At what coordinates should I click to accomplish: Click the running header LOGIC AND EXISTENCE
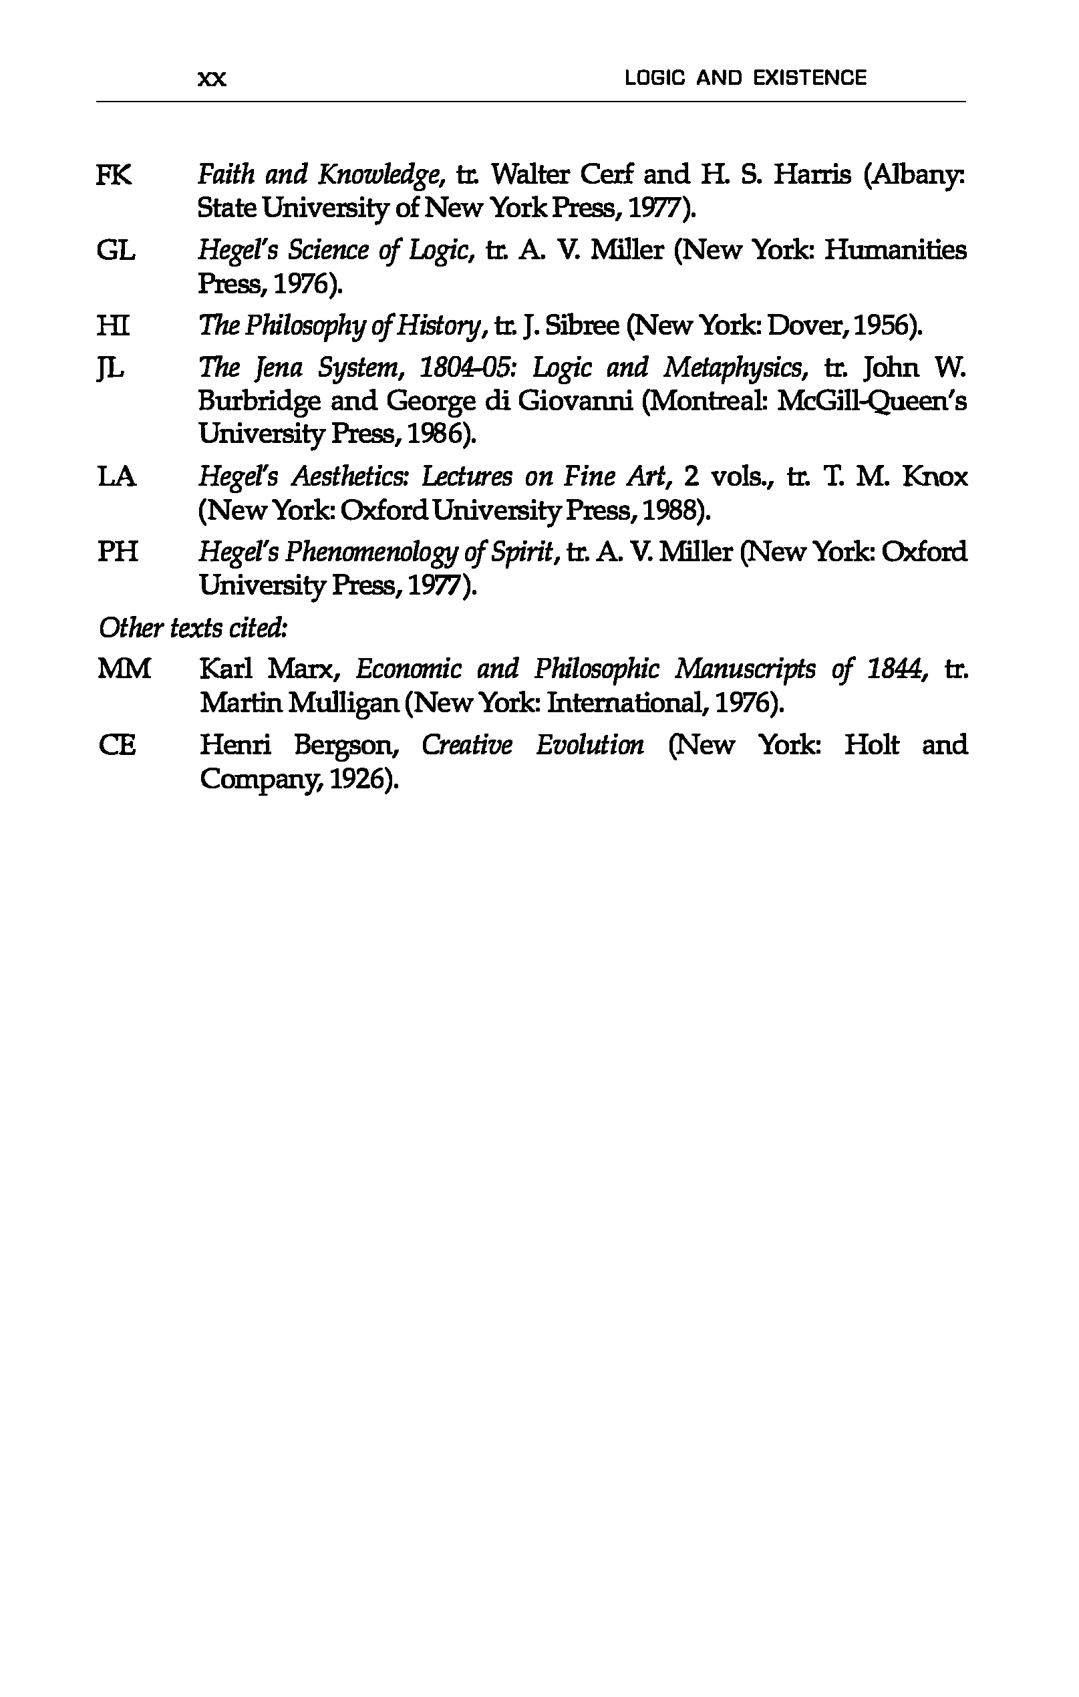pyautogui.click(x=745, y=77)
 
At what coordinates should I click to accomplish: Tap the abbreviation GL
pyautogui.click(x=116, y=250)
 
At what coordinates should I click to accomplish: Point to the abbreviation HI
pyautogui.click(x=113, y=325)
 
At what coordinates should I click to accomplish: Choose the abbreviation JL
pyautogui.click(x=111, y=368)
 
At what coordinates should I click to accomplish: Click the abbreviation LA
pyautogui.click(x=116, y=477)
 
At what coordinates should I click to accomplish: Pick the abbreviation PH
pyautogui.click(x=117, y=552)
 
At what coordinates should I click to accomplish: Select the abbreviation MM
pyautogui.click(x=124, y=668)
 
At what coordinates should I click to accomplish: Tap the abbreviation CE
pyautogui.click(x=117, y=745)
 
